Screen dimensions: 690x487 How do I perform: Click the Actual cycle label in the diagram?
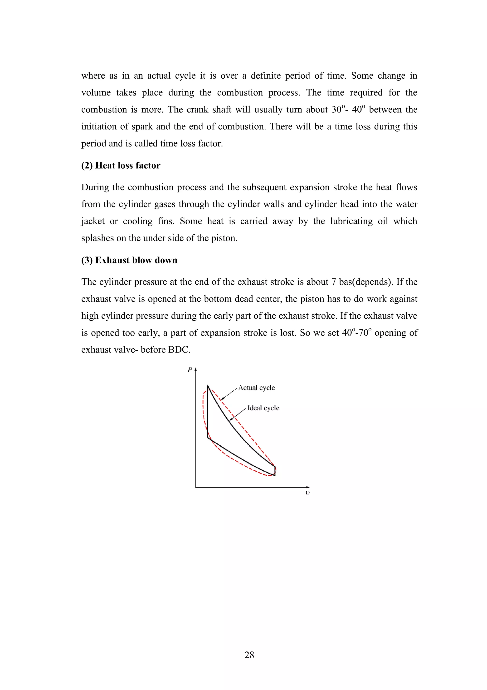[257, 388]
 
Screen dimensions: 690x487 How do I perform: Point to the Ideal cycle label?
[263, 408]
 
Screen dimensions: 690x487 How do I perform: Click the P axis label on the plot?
[190, 370]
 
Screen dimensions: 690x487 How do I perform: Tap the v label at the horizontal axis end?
[307, 493]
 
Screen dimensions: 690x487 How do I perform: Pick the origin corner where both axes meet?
[196, 487]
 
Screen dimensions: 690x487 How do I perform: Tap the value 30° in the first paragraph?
[338, 109]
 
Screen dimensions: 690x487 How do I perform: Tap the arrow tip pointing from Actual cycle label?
[221, 400]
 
